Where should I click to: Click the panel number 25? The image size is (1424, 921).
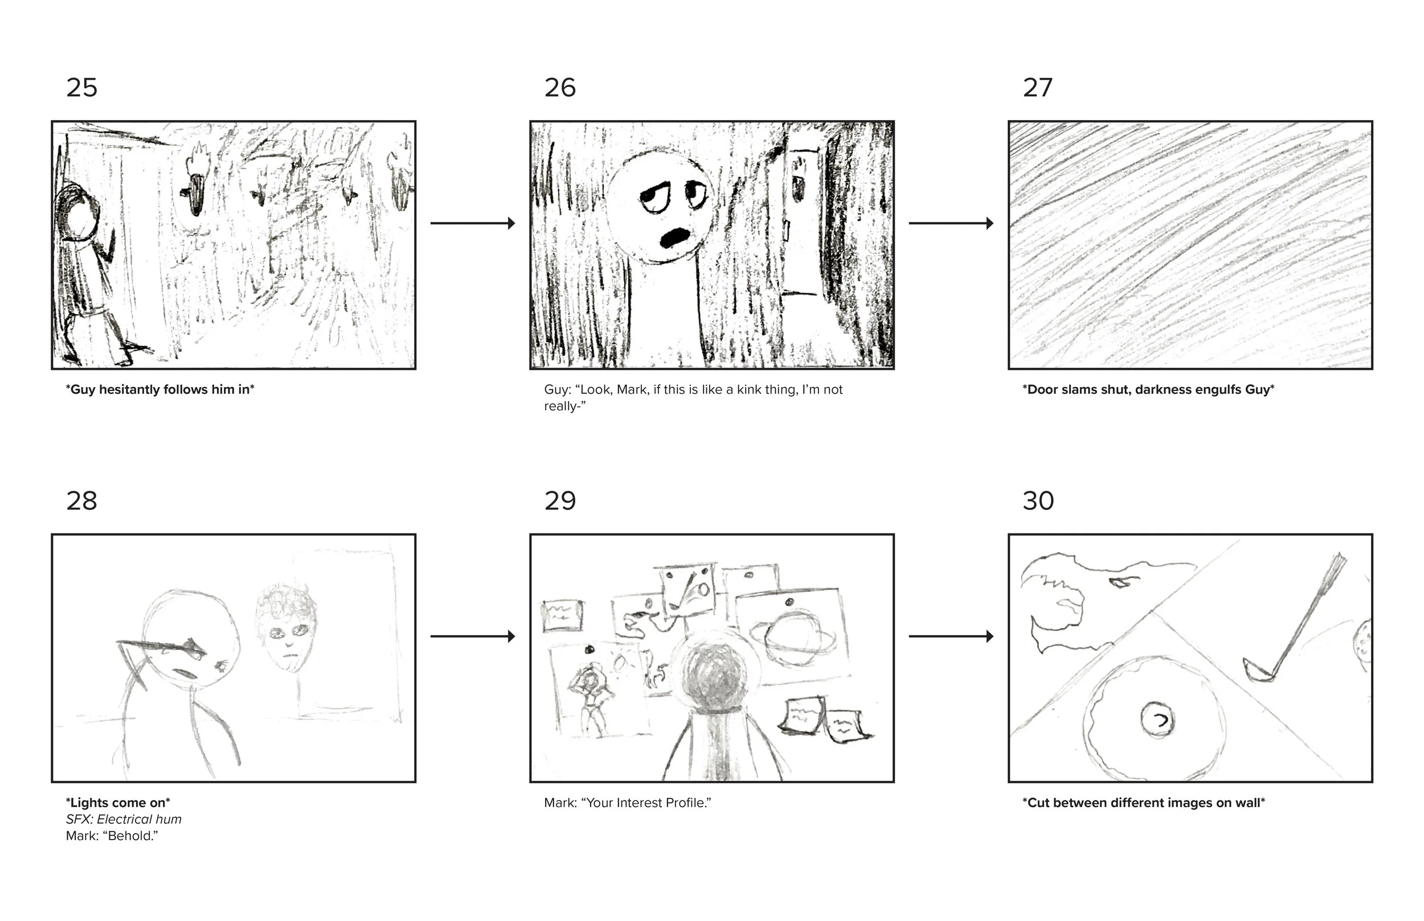pos(81,88)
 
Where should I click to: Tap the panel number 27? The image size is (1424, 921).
pos(1037,88)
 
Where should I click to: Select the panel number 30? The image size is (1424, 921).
pos(1038,501)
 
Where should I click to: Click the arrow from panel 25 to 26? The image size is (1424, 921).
pos(473,223)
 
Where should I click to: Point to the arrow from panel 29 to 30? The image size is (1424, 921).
pos(951,636)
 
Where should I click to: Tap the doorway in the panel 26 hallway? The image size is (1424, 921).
pos(802,221)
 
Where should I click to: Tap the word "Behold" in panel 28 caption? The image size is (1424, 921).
pos(130,836)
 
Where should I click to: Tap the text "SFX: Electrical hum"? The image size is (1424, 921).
pos(124,819)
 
